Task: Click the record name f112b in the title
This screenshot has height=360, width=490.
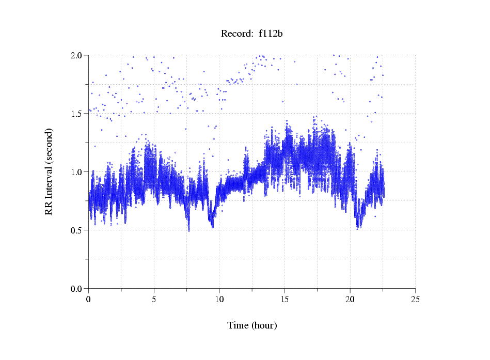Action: click(x=270, y=34)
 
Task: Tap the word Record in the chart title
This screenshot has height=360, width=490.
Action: click(x=235, y=34)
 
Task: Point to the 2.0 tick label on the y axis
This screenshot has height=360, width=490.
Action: click(x=78, y=55)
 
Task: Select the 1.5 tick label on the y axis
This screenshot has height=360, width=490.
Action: click(x=78, y=114)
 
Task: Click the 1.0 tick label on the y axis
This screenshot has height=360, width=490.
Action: click(x=78, y=172)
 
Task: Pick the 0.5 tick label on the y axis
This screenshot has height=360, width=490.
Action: click(x=78, y=230)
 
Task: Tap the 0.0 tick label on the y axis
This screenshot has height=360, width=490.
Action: click(x=78, y=289)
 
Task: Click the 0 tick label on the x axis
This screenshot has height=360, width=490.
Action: click(x=89, y=299)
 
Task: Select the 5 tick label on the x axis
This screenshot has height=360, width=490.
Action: click(x=154, y=299)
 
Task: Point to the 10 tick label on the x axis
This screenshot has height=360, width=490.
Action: click(x=219, y=299)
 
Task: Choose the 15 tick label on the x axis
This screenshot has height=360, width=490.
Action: click(x=285, y=299)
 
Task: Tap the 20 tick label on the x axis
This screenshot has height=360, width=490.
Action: click(x=350, y=299)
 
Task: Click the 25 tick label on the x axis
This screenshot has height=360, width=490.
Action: click(x=416, y=299)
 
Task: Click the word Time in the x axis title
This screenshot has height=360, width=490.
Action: click(x=238, y=326)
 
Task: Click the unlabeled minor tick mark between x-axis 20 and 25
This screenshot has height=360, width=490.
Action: click(x=383, y=290)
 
